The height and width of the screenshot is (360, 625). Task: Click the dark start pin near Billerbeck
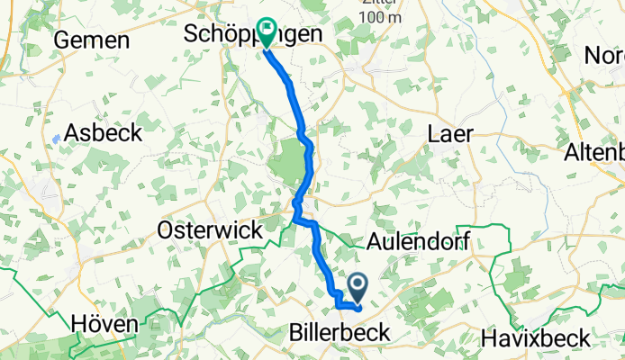358,289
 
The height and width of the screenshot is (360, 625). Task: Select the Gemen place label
92,40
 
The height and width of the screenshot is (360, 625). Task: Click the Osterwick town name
210,230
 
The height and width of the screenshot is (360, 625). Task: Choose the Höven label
104,323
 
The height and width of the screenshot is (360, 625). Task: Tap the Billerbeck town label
340,333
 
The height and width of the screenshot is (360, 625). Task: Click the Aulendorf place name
421,240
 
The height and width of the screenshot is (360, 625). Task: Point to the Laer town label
448,132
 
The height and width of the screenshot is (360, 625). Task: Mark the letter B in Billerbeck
297,333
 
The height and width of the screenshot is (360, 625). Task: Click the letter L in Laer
430,132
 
